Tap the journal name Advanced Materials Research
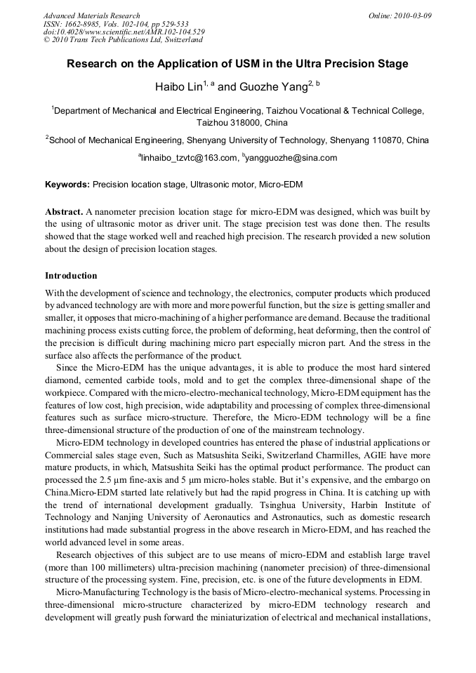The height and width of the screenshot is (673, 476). click(91, 15)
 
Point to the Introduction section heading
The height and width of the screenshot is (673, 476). click(71, 276)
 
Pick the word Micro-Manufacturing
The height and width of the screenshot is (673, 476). click(100, 593)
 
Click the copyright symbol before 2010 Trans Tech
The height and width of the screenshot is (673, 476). click(46, 41)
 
